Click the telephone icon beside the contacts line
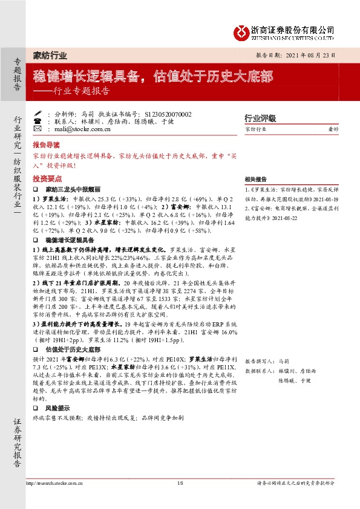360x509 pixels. tap(38, 121)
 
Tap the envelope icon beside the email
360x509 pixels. tap(38, 129)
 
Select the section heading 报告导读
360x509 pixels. tap(47, 146)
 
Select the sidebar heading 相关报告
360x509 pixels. tap(256, 180)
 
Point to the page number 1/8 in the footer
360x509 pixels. tap(180, 483)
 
